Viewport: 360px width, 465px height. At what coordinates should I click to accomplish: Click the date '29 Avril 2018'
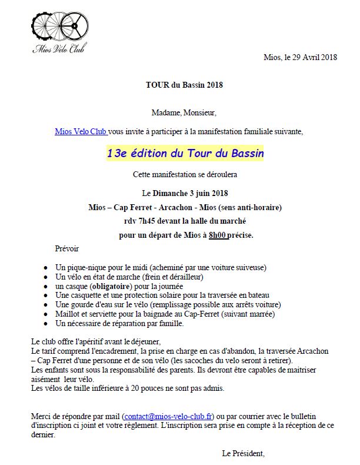click(x=315, y=58)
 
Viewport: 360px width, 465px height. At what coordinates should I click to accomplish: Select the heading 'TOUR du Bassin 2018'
click(x=184, y=85)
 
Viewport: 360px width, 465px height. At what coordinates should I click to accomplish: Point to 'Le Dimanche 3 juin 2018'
click(x=185, y=193)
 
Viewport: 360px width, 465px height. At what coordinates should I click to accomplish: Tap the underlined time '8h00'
click(x=218, y=235)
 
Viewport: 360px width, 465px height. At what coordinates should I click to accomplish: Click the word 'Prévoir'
click(x=66, y=248)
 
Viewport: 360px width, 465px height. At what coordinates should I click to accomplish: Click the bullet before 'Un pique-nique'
click(x=46, y=267)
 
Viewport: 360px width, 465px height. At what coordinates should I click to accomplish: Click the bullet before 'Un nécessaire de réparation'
click(x=46, y=324)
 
